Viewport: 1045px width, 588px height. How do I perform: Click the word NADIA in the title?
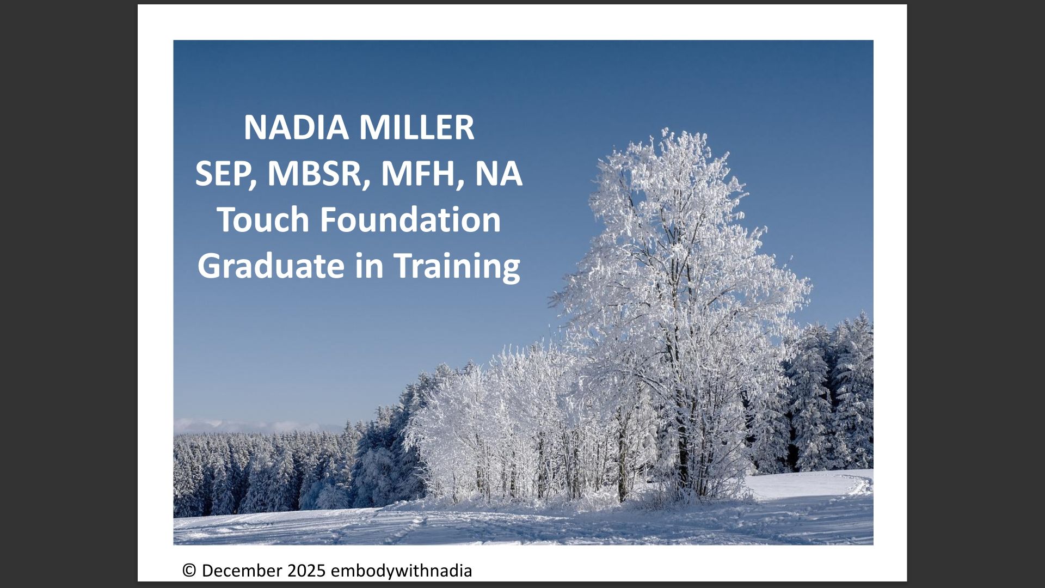coord(296,127)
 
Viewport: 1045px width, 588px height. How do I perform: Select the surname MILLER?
coord(416,127)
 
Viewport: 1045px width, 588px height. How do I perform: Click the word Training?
coord(457,266)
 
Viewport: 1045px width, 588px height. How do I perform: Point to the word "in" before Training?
coord(369,266)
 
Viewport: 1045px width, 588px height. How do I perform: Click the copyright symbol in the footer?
coord(189,571)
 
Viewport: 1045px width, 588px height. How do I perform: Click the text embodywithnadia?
coord(401,571)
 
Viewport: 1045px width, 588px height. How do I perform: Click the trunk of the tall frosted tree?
coord(682,452)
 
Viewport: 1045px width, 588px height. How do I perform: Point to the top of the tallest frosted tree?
coord(665,131)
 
